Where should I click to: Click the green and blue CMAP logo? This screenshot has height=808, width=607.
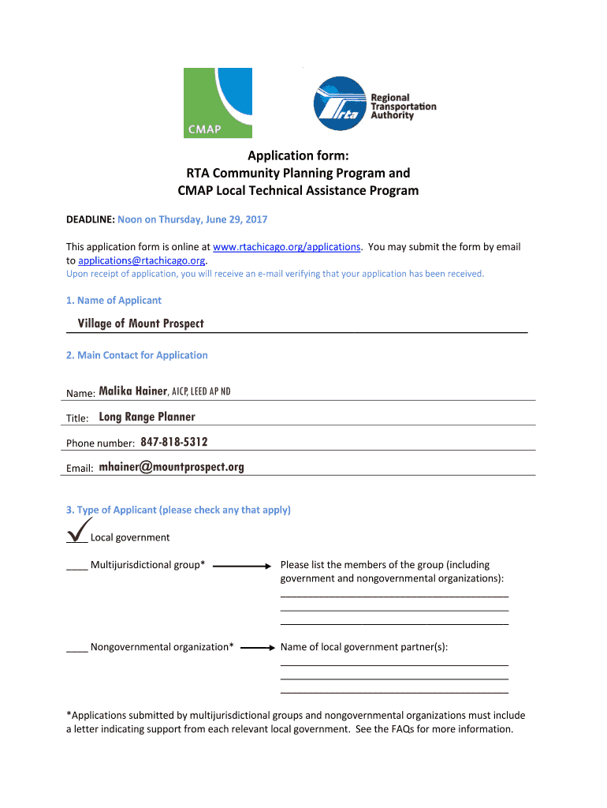point(218,103)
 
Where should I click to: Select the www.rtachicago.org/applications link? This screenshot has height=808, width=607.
point(287,247)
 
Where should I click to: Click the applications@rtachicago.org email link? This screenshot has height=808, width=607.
point(142,260)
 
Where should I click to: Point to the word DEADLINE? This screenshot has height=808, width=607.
point(91,219)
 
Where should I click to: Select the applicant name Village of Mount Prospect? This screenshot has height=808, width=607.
point(140,324)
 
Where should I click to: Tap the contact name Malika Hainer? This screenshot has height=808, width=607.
point(132,391)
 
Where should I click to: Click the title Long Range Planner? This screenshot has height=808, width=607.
point(147,417)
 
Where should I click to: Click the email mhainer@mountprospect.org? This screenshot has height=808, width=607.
point(171,467)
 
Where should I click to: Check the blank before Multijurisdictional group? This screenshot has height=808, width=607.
point(76,566)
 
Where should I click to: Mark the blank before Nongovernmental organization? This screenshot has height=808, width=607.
point(76,648)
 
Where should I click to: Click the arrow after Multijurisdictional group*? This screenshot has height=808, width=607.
point(242,566)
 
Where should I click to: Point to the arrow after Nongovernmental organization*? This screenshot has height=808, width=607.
point(257,647)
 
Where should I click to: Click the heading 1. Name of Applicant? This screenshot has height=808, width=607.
point(114,300)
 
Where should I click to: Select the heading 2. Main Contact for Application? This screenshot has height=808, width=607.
point(136,355)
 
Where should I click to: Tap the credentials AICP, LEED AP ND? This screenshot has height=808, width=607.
point(201,392)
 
